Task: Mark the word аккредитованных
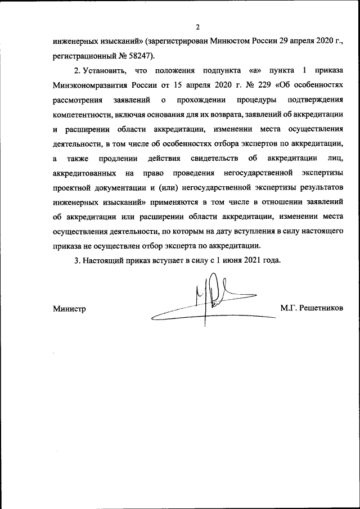84,173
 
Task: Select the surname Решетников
322,309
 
